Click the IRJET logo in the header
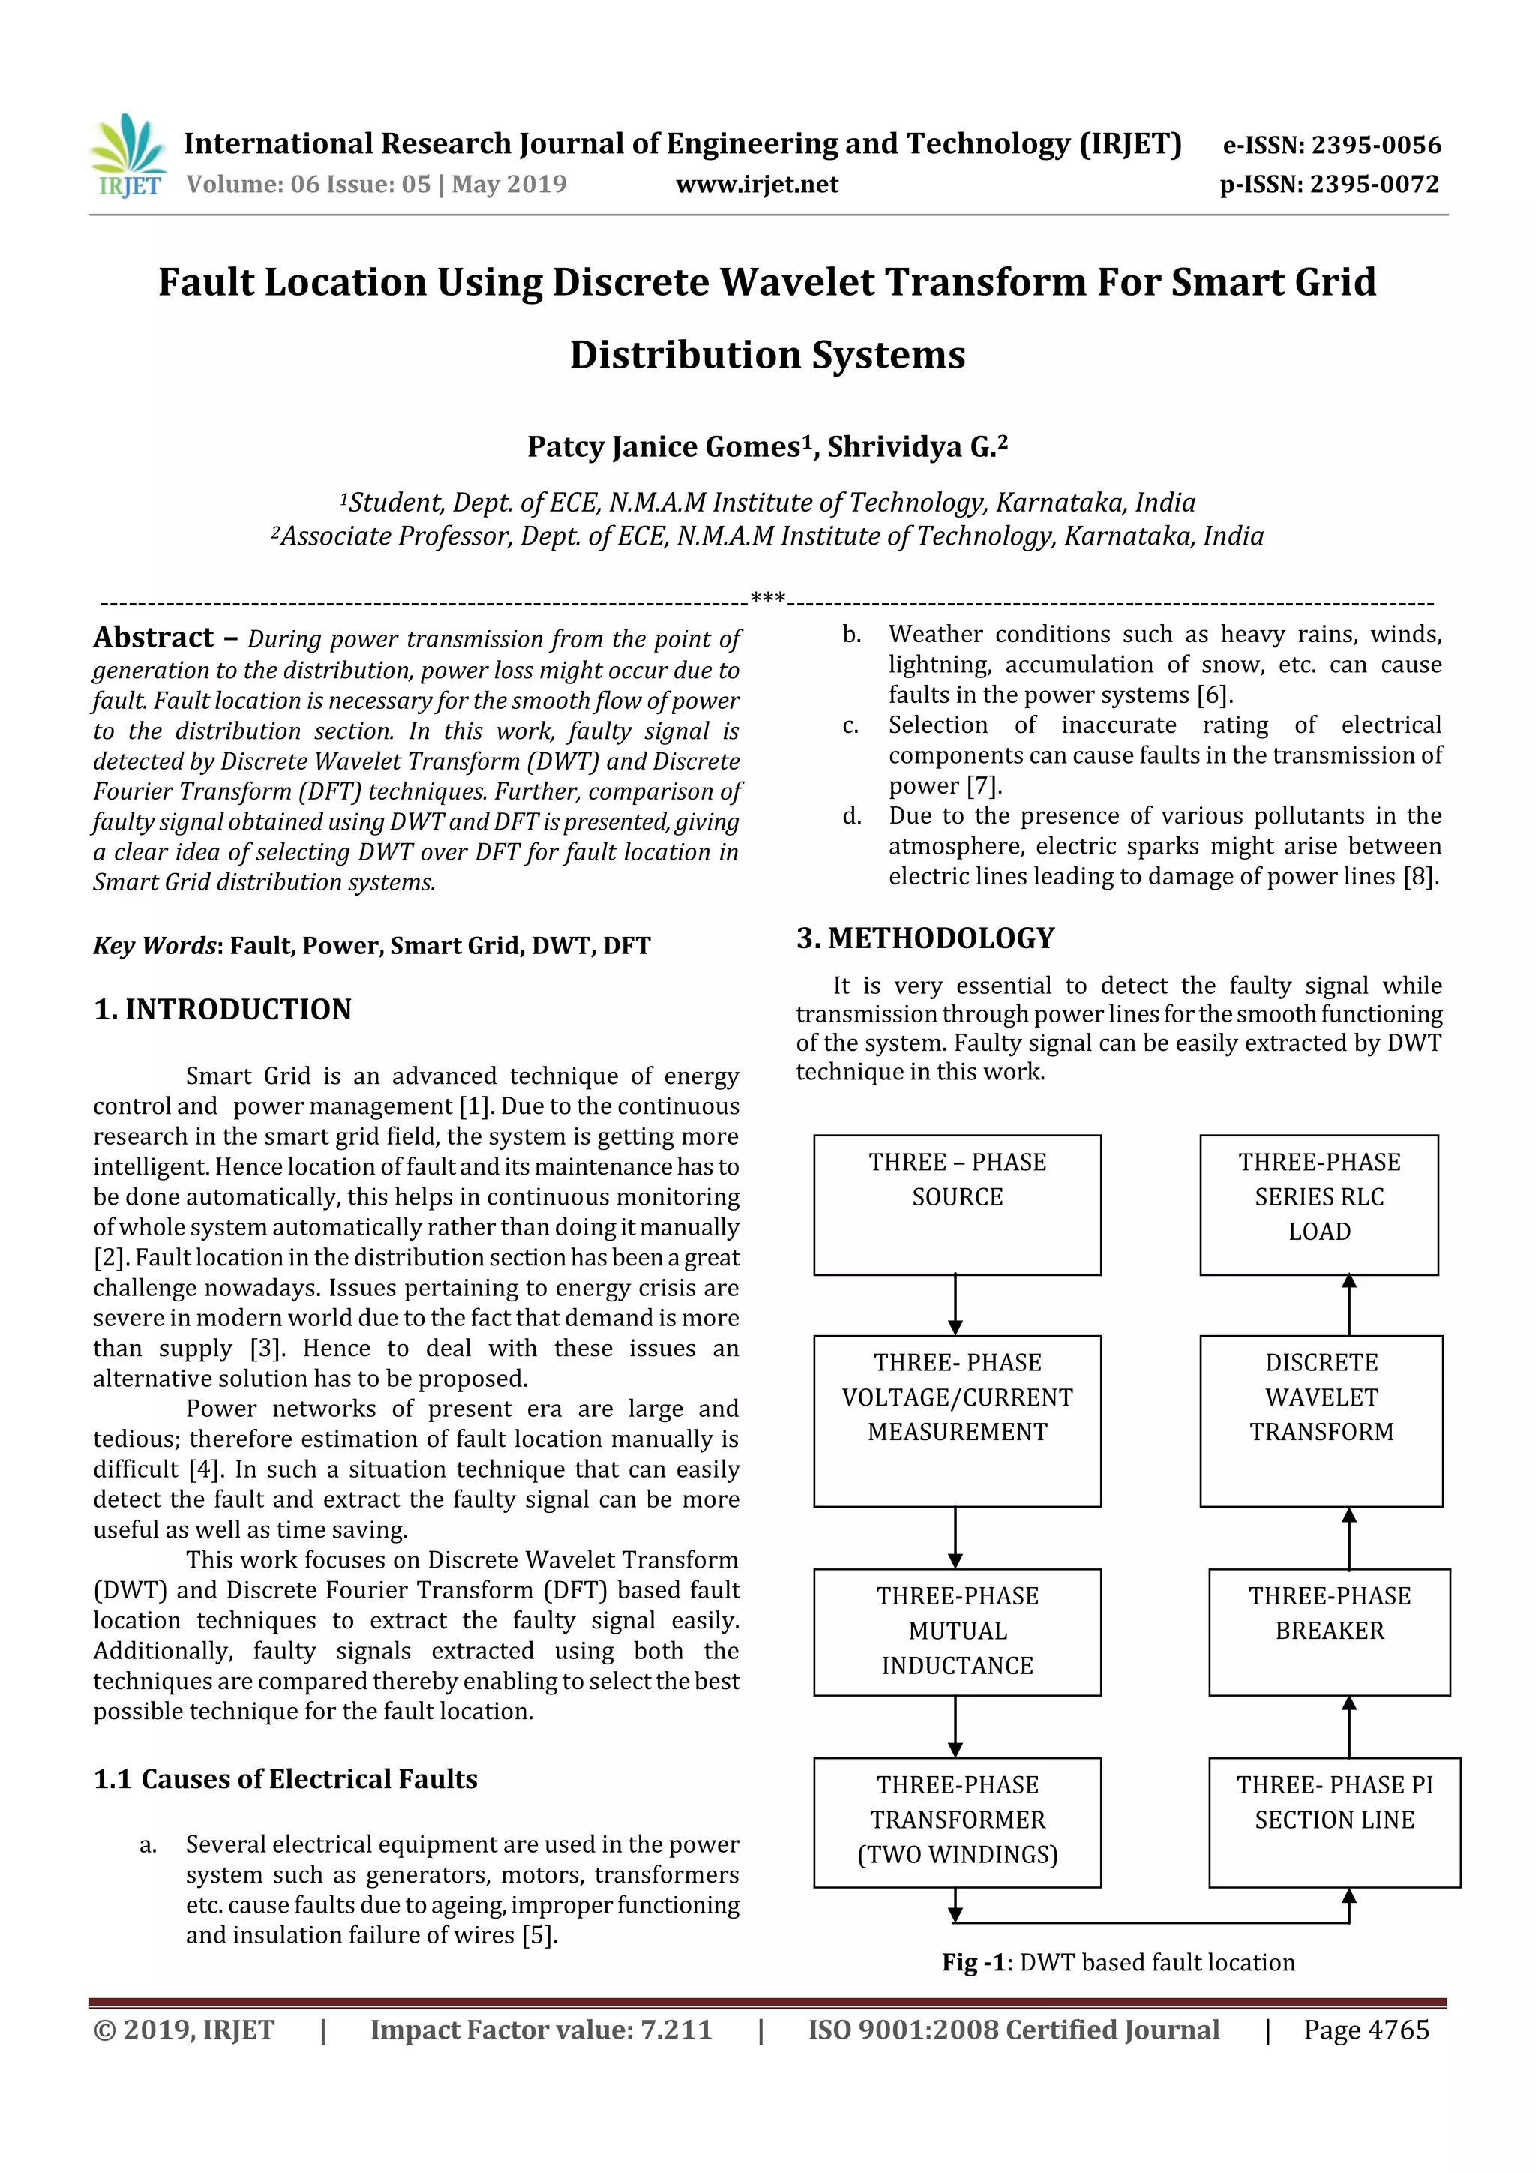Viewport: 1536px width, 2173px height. point(127,156)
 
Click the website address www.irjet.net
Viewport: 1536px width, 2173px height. point(756,185)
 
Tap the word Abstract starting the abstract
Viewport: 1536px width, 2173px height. point(153,638)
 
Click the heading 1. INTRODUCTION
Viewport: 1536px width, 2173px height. point(223,1010)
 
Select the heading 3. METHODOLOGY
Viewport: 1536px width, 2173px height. point(925,938)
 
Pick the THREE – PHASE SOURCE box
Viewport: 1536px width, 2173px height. point(957,1204)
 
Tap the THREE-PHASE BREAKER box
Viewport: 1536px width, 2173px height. point(1329,1631)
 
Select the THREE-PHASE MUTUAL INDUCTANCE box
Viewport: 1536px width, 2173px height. point(957,1631)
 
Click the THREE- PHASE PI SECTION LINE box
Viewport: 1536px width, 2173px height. point(1333,1821)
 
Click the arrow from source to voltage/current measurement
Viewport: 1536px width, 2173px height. point(955,1305)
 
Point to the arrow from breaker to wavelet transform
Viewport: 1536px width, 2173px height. point(1348,1538)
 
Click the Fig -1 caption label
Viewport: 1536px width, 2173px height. point(973,1963)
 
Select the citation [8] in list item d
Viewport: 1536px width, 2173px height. point(1420,876)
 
